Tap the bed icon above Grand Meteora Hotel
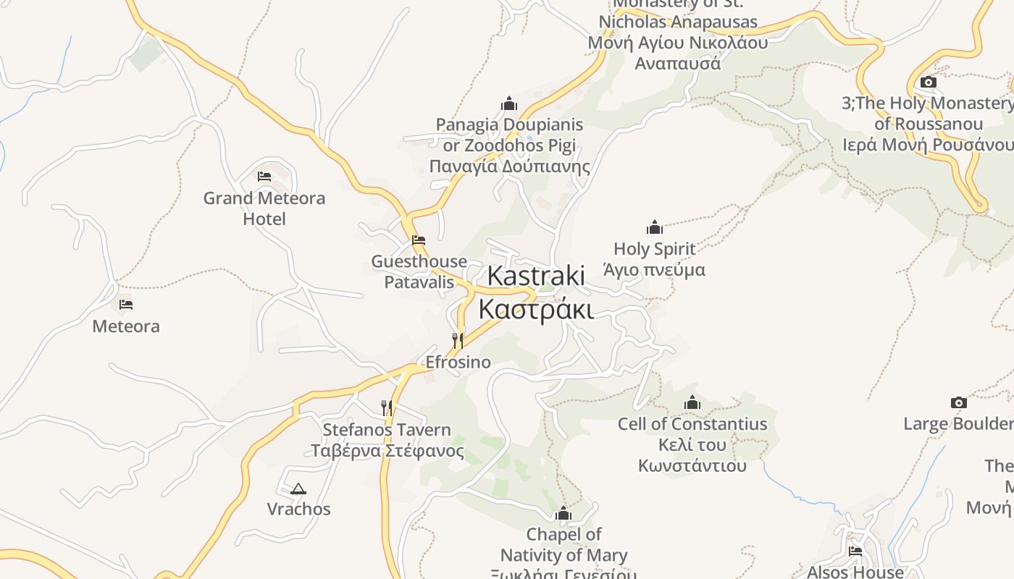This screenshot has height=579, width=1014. [264, 176]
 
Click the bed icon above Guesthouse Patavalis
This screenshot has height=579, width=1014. [419, 240]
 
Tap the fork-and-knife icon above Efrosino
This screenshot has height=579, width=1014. [458, 340]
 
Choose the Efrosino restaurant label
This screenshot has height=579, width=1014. [458, 362]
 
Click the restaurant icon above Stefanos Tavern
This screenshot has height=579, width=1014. [387, 408]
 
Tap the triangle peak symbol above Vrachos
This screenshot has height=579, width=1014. [298, 489]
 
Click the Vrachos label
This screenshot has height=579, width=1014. [298, 509]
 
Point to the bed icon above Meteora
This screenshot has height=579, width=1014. [126, 305]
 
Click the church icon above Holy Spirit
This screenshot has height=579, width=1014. [655, 227]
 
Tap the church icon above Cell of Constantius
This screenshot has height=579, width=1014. [692, 402]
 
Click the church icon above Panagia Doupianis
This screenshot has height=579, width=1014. [509, 103]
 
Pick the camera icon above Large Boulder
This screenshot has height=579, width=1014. [958, 402]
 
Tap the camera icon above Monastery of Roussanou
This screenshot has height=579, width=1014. [928, 83]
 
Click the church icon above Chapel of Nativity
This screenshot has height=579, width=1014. [563, 514]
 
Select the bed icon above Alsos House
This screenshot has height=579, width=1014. [855, 551]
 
